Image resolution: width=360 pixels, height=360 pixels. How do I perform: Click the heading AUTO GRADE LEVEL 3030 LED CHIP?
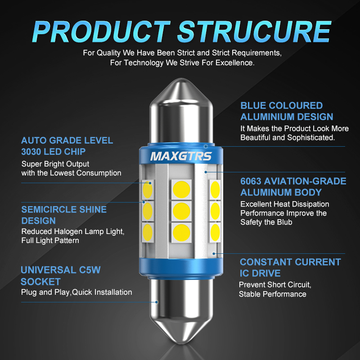click(x=67, y=146)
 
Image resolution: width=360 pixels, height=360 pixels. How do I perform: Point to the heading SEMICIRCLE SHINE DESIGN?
click(x=64, y=215)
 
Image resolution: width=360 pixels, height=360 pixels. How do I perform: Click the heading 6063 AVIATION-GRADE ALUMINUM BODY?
click(x=293, y=187)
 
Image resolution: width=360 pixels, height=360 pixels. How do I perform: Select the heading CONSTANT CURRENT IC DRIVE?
click(x=290, y=267)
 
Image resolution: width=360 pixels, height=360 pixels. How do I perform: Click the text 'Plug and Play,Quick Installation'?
click(x=76, y=292)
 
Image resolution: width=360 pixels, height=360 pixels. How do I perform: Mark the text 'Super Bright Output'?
click(x=55, y=164)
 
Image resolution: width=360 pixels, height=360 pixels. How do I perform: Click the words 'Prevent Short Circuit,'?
click(x=275, y=285)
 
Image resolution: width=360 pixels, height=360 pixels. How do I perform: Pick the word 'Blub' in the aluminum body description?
click(x=286, y=222)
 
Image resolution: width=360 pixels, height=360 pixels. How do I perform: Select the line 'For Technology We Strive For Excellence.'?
click(x=182, y=63)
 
